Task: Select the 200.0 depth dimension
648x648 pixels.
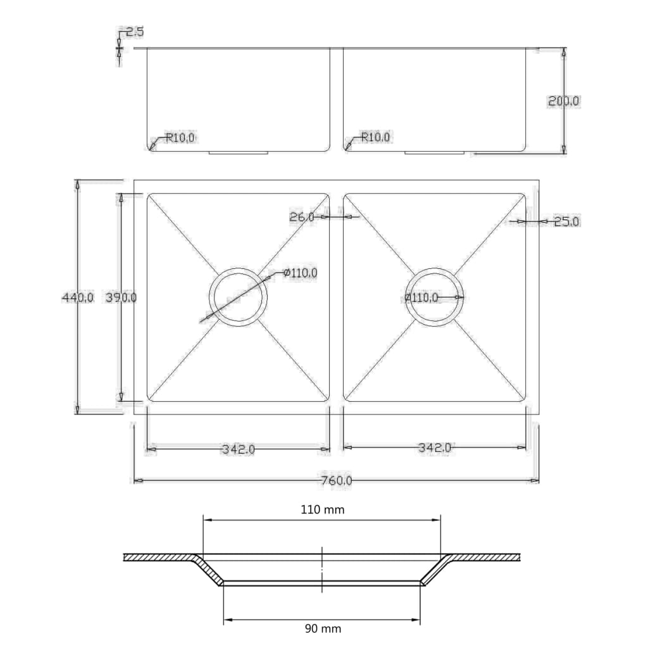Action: click(x=563, y=101)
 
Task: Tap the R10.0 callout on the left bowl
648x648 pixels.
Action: click(x=180, y=137)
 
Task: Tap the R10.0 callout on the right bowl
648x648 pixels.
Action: click(x=376, y=137)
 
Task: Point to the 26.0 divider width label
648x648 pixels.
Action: click(x=302, y=217)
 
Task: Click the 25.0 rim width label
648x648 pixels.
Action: click(x=566, y=221)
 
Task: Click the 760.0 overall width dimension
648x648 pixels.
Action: click(x=336, y=481)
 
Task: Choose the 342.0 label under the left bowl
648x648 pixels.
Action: click(x=238, y=449)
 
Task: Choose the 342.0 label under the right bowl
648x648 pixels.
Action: click(x=434, y=448)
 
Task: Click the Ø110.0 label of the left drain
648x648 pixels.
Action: click(x=301, y=273)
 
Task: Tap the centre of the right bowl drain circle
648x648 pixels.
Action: click(x=435, y=297)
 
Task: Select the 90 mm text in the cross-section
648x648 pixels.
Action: click(x=322, y=628)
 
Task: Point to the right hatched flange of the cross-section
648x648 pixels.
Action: click(x=486, y=558)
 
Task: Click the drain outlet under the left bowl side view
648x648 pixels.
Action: click(x=239, y=153)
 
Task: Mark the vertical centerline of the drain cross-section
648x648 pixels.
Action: click(x=322, y=570)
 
